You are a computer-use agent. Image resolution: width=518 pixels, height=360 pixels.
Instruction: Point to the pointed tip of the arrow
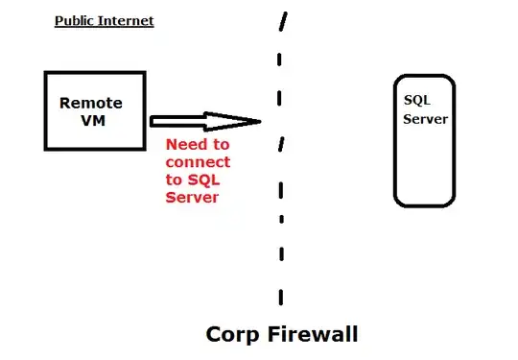point(261,121)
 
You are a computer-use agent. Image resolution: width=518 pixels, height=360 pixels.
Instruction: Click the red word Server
point(193,197)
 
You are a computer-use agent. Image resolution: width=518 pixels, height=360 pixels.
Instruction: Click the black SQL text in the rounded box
point(417,100)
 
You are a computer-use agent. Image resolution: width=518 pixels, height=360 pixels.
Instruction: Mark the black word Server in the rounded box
point(425,119)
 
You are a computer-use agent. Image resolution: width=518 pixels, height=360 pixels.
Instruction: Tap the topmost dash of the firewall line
point(283,22)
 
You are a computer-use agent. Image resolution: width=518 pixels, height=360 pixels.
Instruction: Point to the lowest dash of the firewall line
point(280,294)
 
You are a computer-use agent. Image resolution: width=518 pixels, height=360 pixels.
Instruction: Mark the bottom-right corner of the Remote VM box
point(145,150)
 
